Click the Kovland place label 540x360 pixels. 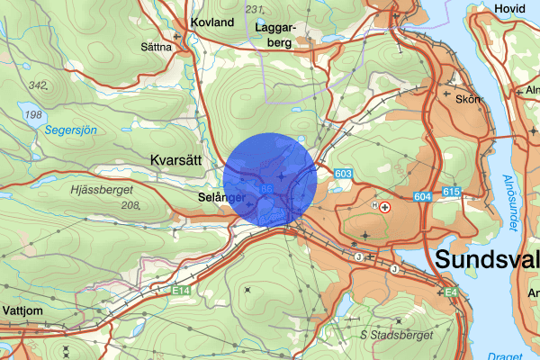(x=212, y=22)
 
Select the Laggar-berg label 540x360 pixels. (x=274, y=34)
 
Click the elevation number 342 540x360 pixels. (x=38, y=85)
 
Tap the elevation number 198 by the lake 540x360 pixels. (x=33, y=114)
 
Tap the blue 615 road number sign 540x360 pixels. (x=452, y=193)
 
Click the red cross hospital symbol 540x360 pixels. (x=386, y=206)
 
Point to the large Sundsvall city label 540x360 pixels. (x=487, y=261)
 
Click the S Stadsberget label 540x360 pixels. (x=396, y=335)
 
